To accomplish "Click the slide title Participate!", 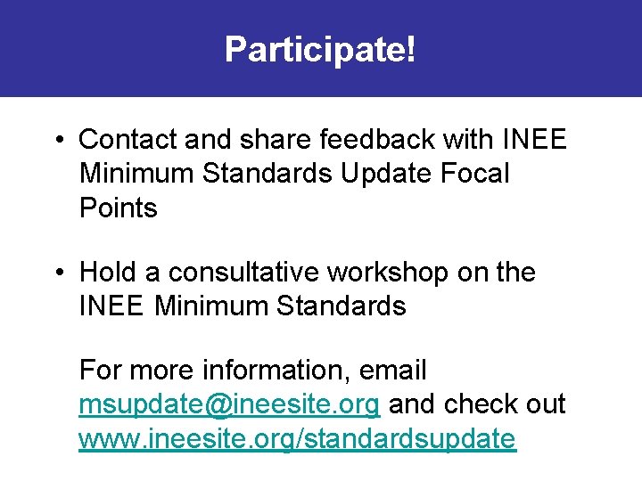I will [320, 50].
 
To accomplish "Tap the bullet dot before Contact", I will [56, 141].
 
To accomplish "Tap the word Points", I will [118, 208].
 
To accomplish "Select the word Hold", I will [108, 273].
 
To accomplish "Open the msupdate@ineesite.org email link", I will [230, 404].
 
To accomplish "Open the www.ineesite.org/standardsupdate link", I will [297, 439].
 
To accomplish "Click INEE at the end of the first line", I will [535, 140].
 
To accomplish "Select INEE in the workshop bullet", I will [111, 307].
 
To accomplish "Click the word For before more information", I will [99, 370].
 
